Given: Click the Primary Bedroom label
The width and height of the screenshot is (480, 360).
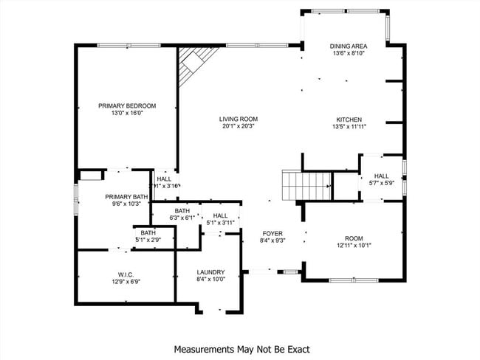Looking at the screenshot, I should tap(127, 106).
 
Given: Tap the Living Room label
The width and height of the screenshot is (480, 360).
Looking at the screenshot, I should tap(239, 119).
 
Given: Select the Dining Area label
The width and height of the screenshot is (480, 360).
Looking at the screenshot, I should tap(349, 46).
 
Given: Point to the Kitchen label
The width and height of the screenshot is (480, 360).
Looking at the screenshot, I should tap(349, 119).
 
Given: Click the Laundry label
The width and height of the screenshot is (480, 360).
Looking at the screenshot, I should tap(210, 272).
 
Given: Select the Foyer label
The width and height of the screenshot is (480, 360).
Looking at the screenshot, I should tap(272, 233).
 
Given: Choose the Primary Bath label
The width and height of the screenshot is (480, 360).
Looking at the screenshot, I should tap(126, 197).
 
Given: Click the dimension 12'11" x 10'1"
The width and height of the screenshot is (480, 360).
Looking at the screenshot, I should tap(354, 246).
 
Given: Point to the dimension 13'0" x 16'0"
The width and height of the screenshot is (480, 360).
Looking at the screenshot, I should tap(127, 114).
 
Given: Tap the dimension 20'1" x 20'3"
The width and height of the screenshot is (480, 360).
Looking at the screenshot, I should tap(239, 126).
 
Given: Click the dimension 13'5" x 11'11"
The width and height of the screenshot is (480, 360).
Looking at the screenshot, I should tap(349, 126).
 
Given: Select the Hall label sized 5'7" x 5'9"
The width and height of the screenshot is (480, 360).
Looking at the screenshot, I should tap(381, 176).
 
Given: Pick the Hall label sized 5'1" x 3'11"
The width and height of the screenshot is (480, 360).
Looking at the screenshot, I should tap(220, 215).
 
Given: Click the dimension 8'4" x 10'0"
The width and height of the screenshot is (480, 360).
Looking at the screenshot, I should tap(210, 280).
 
